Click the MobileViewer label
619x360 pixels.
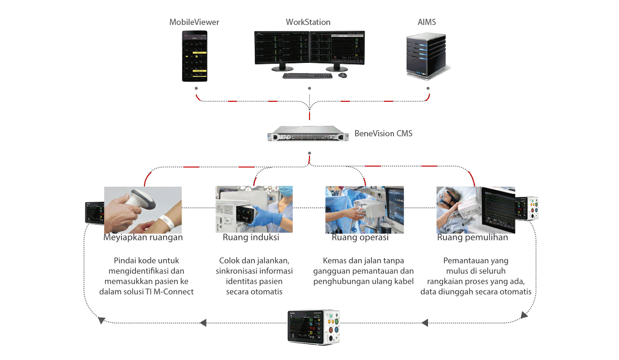[x=194, y=22]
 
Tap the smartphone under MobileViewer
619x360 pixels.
[x=194, y=56]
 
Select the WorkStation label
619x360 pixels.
[x=308, y=22]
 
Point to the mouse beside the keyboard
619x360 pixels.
[x=343, y=75]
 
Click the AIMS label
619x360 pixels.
[x=427, y=22]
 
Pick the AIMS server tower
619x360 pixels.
[x=427, y=56]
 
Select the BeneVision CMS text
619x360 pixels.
[x=383, y=133]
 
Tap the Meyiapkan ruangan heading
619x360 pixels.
[x=143, y=238]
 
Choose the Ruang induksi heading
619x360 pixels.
[x=251, y=238]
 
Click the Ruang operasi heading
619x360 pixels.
[x=360, y=238]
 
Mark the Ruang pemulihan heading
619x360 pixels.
[x=472, y=238]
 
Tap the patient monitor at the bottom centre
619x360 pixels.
[x=314, y=325]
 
